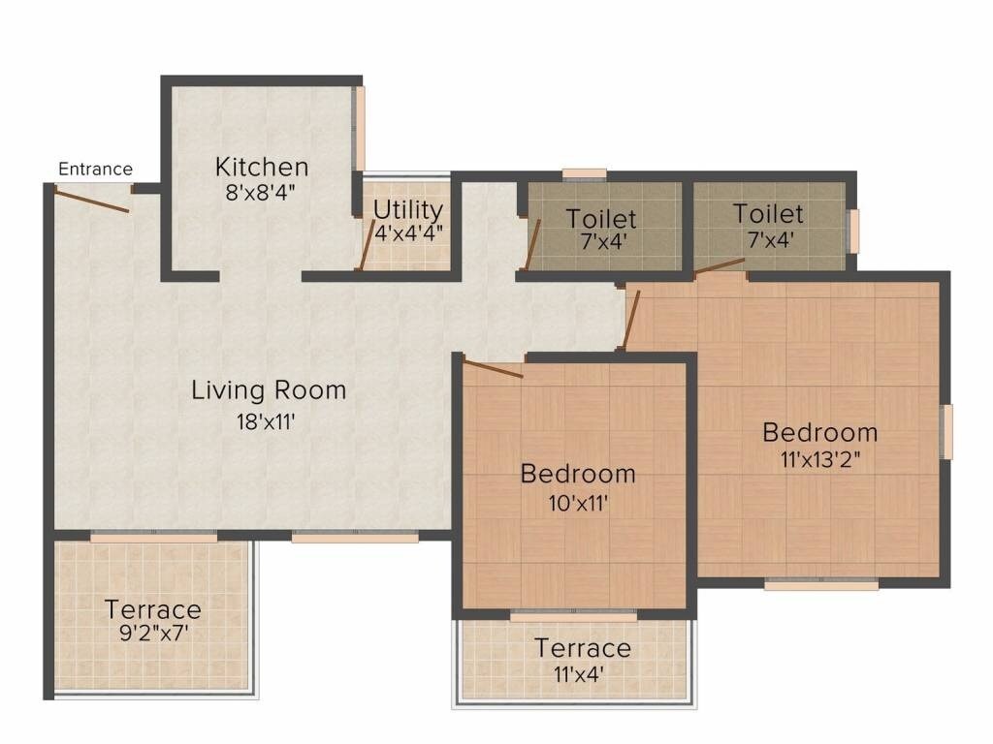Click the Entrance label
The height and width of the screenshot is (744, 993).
(x=95, y=170)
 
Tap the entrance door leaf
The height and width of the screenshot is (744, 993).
(x=92, y=200)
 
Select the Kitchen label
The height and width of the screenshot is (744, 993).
(x=262, y=167)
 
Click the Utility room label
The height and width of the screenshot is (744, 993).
(x=408, y=210)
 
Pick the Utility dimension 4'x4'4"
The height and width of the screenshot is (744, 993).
(x=408, y=232)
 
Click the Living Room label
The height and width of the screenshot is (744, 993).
(x=269, y=390)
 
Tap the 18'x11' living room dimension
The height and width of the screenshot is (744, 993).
(x=269, y=421)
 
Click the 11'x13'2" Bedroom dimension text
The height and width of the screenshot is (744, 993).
(x=819, y=459)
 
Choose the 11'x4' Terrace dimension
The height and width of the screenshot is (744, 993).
(x=582, y=674)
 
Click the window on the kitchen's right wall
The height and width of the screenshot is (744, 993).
(x=359, y=129)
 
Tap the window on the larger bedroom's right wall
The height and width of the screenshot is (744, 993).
(x=947, y=431)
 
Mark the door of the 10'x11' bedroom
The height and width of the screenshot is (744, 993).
(x=494, y=368)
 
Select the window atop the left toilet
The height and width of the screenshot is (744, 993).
(x=585, y=175)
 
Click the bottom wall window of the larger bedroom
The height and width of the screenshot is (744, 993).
(x=821, y=584)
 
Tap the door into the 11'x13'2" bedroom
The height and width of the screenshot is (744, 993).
(x=630, y=320)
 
